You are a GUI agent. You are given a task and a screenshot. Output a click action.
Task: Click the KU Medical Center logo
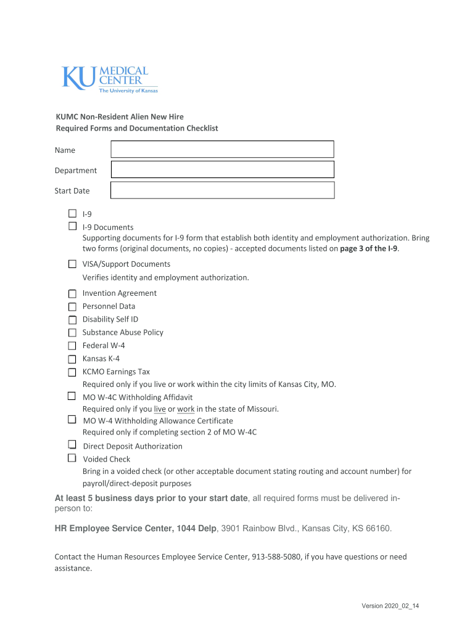[x=109, y=79]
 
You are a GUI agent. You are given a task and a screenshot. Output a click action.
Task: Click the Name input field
[x=222, y=149]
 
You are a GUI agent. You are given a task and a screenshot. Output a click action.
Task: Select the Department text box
[x=222, y=169]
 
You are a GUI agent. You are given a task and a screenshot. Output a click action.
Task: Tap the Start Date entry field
[x=222, y=190]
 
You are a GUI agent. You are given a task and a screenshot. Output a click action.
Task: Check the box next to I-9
[x=72, y=213]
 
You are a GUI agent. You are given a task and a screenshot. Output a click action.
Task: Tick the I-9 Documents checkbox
[x=72, y=226]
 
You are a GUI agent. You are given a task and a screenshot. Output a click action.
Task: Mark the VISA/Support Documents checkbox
[x=72, y=264]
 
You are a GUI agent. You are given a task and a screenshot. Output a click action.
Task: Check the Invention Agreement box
[x=72, y=293]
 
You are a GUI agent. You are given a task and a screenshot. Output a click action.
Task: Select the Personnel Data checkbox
[x=72, y=306]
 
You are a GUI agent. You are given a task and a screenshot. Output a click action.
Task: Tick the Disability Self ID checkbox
[x=72, y=319]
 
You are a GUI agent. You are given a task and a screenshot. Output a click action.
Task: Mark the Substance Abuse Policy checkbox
[x=72, y=332]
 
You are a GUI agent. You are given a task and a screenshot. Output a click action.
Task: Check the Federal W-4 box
[x=72, y=346]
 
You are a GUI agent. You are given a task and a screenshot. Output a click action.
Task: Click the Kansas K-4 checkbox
[x=72, y=359]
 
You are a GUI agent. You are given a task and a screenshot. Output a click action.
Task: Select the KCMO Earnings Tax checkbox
[x=72, y=372]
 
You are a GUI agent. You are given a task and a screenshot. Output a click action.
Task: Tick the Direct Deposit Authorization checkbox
[x=72, y=445]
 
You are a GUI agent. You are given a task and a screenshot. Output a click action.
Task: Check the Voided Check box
[x=72, y=458]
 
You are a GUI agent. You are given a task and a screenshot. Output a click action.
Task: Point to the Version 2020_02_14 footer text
[x=390, y=606]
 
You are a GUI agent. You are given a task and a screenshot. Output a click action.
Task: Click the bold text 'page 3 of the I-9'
[x=369, y=248]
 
